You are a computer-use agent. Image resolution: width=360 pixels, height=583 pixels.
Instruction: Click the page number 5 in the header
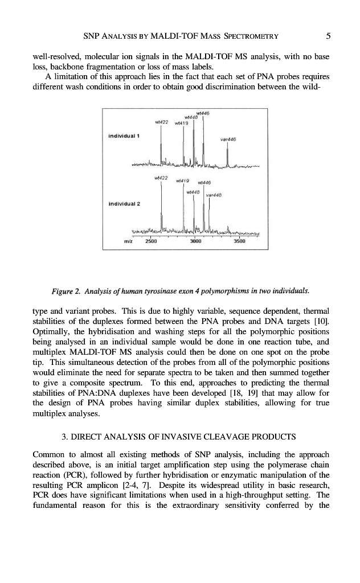click(329, 36)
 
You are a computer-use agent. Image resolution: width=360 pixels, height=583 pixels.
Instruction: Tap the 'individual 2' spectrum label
click(125, 203)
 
